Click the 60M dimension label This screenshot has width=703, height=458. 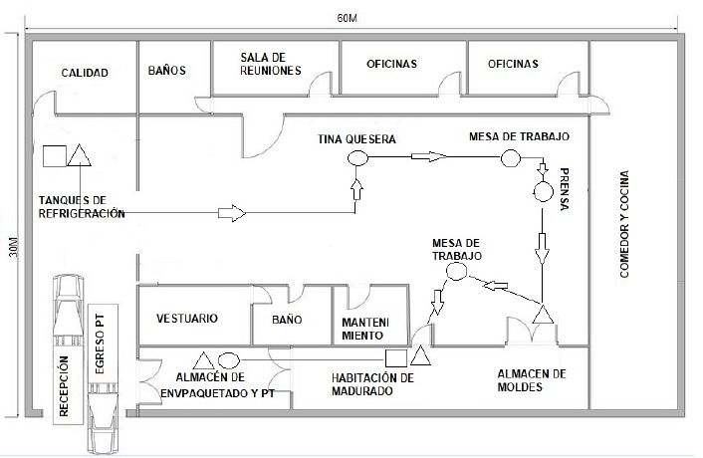point(347,19)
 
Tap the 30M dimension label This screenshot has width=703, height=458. point(14,246)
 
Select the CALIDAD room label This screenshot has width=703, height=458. point(85,73)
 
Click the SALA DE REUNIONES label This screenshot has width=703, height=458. point(271,64)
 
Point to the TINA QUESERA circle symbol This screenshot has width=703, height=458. point(357,158)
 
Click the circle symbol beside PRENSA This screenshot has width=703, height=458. point(543,192)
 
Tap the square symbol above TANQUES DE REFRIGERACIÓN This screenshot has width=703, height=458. point(55,156)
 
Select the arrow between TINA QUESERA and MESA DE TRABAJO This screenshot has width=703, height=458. point(429,156)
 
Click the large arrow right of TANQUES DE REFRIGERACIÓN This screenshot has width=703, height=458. point(232,213)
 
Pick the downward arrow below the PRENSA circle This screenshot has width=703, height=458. point(542,248)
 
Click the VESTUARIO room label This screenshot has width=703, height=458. point(187,319)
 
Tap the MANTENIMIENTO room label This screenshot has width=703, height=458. point(365,329)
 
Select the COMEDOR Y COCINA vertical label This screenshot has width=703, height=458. point(624,224)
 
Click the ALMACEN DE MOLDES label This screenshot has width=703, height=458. point(532,380)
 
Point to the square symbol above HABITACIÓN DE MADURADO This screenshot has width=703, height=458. point(396,358)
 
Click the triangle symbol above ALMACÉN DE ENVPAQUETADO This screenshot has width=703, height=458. point(204,360)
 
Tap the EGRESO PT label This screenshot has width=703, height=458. point(100,343)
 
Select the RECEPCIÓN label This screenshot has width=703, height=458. point(64,386)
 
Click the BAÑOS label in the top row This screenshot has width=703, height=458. point(166,71)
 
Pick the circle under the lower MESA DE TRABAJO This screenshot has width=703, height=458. point(456,272)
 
